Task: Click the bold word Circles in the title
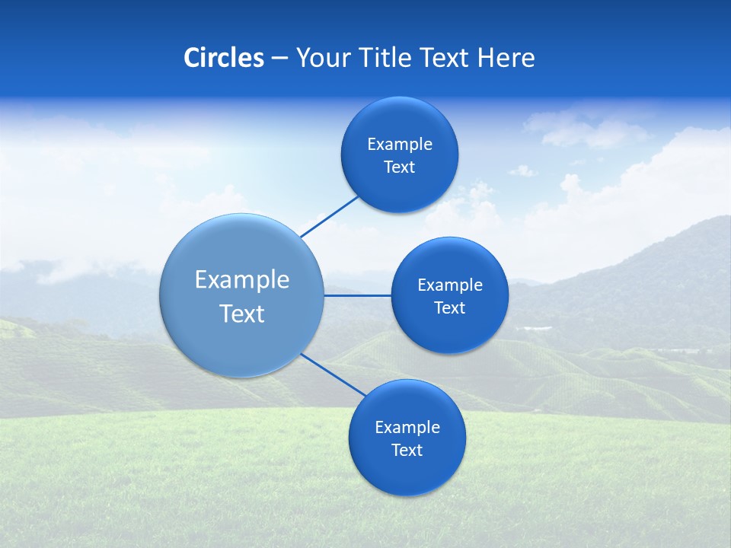[224, 58]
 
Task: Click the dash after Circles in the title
[279, 59]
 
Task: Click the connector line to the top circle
[330, 216]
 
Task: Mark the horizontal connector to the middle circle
[358, 295]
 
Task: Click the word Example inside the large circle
[242, 280]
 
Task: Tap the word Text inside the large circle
[242, 314]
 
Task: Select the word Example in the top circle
[400, 145]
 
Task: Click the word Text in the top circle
[400, 167]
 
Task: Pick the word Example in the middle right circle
[450, 285]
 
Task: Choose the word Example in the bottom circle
[407, 428]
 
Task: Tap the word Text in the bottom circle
[407, 451]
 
